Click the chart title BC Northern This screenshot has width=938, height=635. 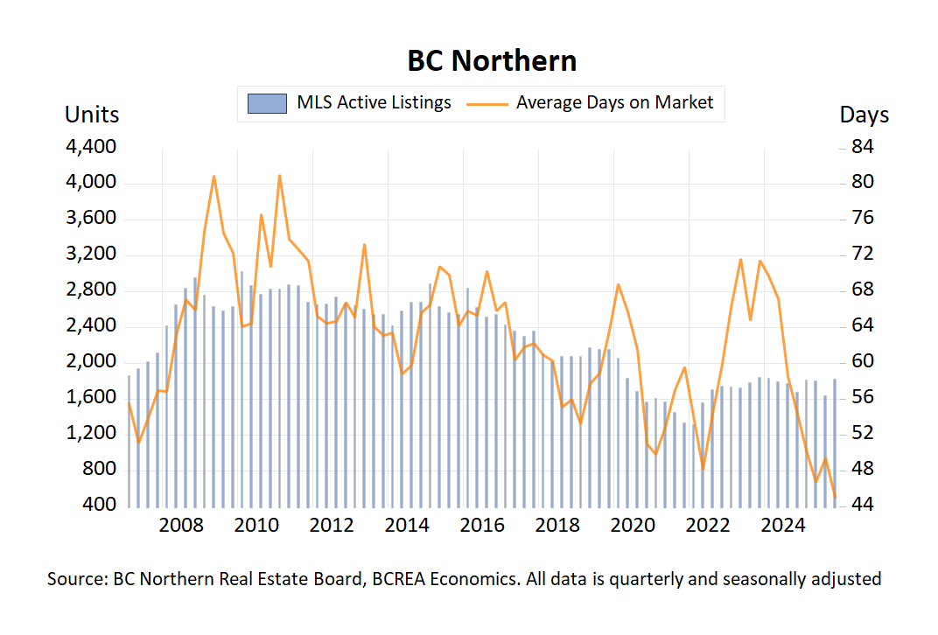point(492,60)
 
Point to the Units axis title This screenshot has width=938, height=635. point(92,115)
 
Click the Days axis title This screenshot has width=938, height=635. point(864,115)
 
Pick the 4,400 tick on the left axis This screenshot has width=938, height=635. point(91,147)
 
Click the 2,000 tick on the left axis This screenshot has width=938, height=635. point(91,362)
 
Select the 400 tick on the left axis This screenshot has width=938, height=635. point(101,506)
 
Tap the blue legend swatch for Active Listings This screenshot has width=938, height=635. point(267,103)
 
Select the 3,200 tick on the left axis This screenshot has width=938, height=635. point(91,255)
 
